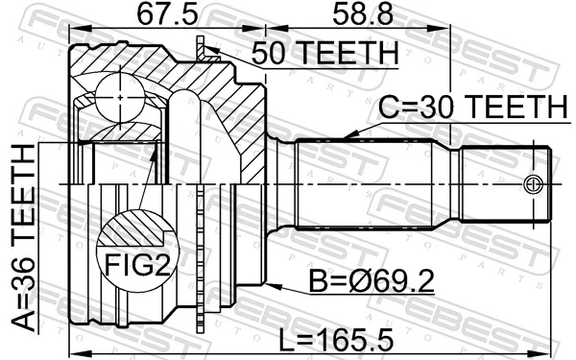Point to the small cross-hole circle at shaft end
(x=535, y=183)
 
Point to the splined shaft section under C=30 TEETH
(x=365, y=182)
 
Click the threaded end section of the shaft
(x=504, y=182)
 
